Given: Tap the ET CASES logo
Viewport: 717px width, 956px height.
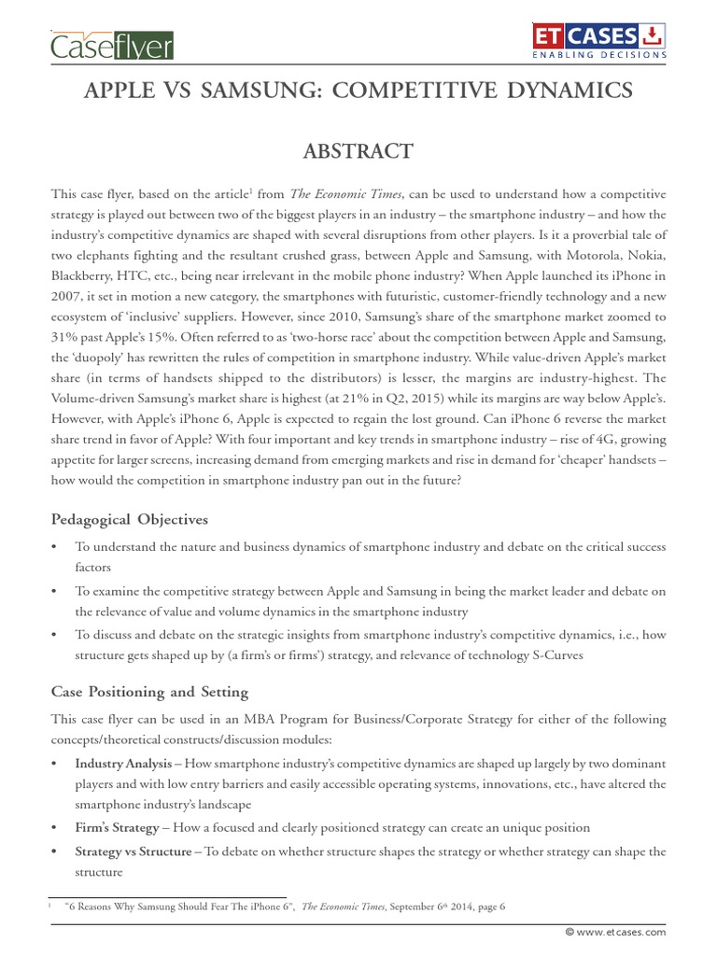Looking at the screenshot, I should click(x=600, y=37).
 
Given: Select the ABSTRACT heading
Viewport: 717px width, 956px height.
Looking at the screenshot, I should click(x=358, y=151).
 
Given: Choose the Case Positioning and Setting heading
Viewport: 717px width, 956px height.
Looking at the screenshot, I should click(x=149, y=692).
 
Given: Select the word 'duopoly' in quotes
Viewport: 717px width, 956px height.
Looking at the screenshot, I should click(x=100, y=355).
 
